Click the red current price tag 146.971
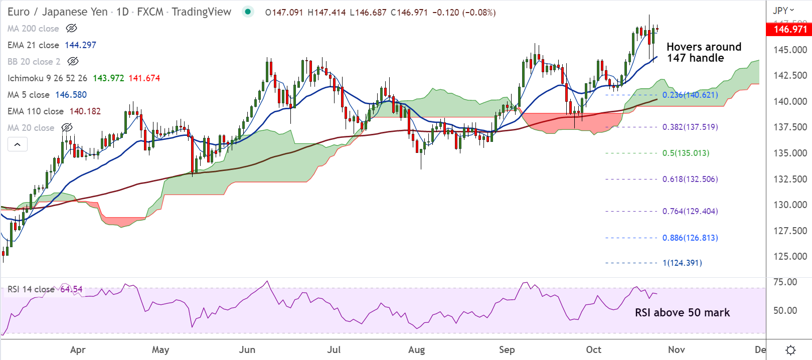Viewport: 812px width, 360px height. click(790, 29)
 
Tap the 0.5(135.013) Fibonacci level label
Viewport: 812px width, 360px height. click(686, 153)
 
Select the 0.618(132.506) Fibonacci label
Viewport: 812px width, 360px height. click(690, 179)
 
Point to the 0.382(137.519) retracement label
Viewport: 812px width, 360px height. click(690, 127)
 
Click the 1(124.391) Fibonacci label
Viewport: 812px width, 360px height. click(682, 263)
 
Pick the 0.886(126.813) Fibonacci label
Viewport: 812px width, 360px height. click(690, 238)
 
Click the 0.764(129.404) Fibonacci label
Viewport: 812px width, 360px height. click(690, 211)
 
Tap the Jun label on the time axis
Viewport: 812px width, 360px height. click(247, 349)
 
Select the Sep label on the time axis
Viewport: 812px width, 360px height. click(507, 349)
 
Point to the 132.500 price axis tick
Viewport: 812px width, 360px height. click(790, 179)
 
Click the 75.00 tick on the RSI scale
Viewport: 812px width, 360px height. click(785, 282)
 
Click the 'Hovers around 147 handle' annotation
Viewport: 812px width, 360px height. click(704, 52)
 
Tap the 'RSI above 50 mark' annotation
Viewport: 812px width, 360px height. click(682, 312)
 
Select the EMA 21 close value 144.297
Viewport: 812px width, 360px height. click(80, 45)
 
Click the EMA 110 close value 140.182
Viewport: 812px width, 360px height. click(85, 111)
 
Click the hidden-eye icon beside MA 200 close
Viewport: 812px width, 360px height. click(72, 29)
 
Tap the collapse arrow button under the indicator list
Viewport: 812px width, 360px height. click(18, 144)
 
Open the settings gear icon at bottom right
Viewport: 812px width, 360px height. click(790, 350)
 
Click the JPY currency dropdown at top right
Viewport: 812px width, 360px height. click(783, 10)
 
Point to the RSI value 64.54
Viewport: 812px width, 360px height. click(71, 289)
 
